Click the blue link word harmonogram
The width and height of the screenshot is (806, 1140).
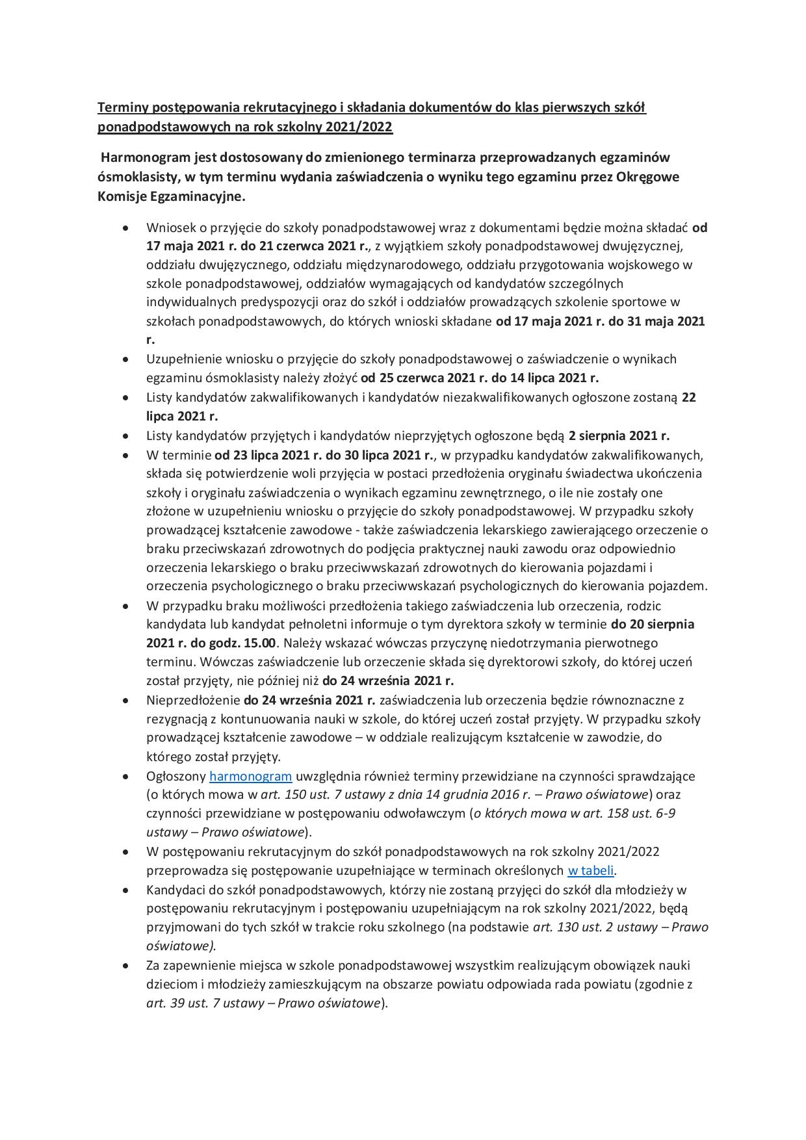pyautogui.click(x=250, y=775)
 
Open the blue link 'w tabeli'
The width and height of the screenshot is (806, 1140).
pyautogui.click(x=591, y=870)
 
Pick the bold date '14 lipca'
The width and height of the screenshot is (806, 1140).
pyautogui.click(x=526, y=378)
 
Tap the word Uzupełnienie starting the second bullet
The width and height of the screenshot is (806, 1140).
pyautogui.click(x=185, y=359)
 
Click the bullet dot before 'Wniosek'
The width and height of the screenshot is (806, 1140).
pyautogui.click(x=125, y=228)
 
